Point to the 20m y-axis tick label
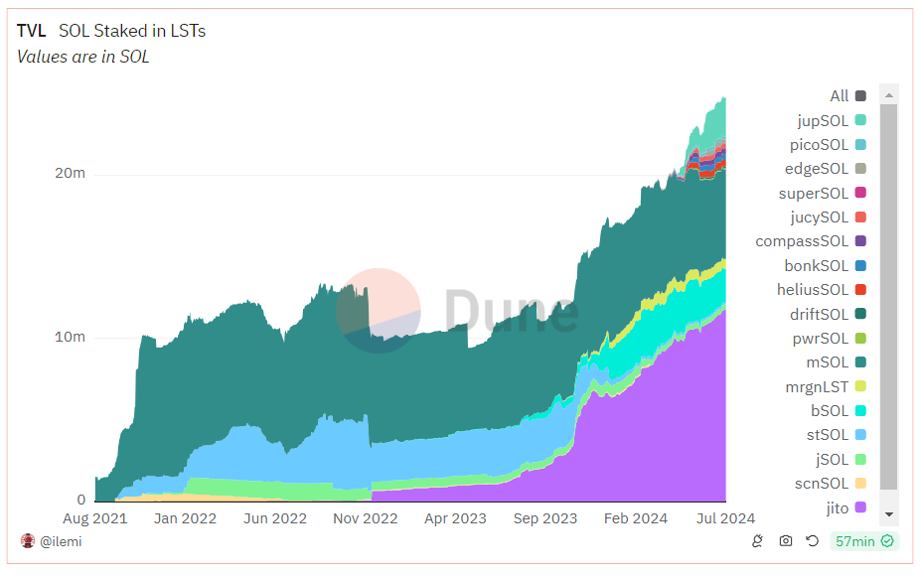69,173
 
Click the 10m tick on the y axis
69,337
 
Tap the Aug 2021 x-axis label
95,518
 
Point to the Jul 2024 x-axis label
725,518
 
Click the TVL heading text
32,31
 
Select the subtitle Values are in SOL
83,57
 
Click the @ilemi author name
63,541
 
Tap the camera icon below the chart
786,541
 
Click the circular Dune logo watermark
378,310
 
